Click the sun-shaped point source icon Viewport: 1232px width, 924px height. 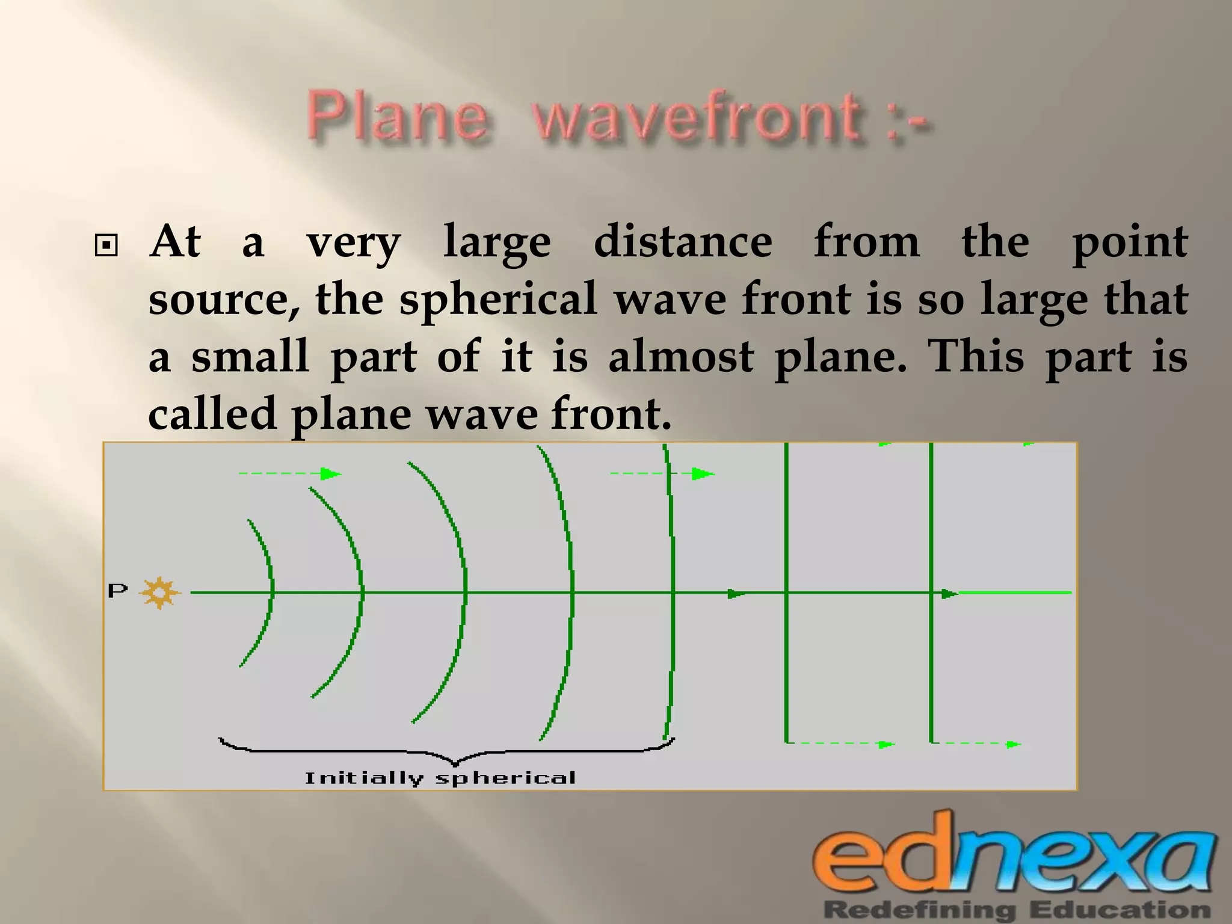159,593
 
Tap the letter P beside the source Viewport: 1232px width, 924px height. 118,591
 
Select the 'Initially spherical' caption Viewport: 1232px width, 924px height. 440,778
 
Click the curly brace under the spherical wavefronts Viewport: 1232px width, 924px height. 446,751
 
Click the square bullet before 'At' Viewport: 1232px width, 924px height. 106,245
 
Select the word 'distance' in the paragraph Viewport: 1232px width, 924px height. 683,242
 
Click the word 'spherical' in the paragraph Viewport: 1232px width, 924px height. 498,299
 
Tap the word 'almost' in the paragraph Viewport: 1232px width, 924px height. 681,356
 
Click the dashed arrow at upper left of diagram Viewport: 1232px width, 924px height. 289,474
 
